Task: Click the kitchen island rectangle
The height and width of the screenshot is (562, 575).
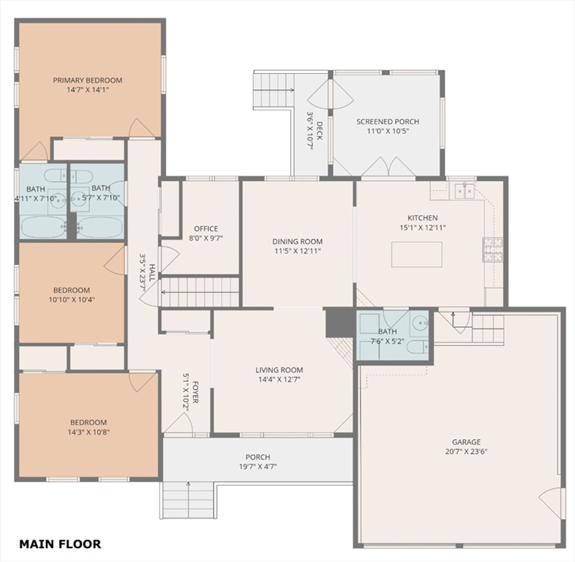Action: [416, 254]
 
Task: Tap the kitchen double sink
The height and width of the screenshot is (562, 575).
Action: [465, 191]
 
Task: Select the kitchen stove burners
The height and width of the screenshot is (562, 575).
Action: [493, 250]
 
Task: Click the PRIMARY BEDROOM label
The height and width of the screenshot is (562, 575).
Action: [88, 80]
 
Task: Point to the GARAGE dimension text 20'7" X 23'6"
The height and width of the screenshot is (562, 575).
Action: [466, 452]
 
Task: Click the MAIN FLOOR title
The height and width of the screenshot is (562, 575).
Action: [60, 544]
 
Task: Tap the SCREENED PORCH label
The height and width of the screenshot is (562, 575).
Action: [388, 121]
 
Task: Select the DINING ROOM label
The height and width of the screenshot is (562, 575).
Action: [298, 241]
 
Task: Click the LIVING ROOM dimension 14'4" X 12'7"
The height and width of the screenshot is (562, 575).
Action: [279, 380]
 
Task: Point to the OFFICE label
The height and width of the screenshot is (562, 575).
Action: [206, 228]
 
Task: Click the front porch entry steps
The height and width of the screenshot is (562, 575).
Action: [188, 500]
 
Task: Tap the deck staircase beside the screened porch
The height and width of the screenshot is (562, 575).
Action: [274, 90]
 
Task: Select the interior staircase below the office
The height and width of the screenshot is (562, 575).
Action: [200, 292]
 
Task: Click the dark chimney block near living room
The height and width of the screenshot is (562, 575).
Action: [340, 323]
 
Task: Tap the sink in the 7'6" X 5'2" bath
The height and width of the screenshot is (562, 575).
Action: [418, 323]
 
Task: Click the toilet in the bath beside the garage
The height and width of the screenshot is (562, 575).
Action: [417, 346]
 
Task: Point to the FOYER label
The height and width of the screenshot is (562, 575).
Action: [195, 392]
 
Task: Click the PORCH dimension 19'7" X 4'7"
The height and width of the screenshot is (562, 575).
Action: [258, 467]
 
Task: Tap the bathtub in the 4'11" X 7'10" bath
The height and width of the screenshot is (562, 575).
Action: [43, 228]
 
